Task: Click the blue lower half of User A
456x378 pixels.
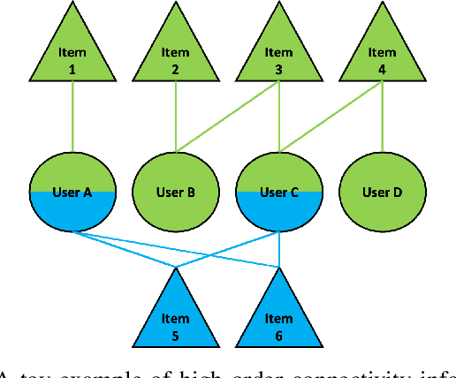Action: [x=72, y=212]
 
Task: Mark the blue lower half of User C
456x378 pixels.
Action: [x=279, y=212]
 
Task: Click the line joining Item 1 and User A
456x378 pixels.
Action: [x=72, y=119]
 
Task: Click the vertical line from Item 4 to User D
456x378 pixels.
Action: [x=382, y=119]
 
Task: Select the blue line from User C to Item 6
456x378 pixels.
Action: [x=279, y=249]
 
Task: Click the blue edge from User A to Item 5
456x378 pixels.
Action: [x=124, y=248]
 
